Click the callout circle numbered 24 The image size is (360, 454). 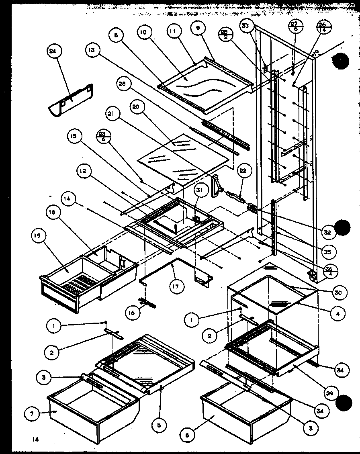(52, 52)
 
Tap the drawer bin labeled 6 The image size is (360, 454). (245, 418)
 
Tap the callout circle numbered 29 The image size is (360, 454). (332, 393)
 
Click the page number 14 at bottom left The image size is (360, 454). (36, 440)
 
